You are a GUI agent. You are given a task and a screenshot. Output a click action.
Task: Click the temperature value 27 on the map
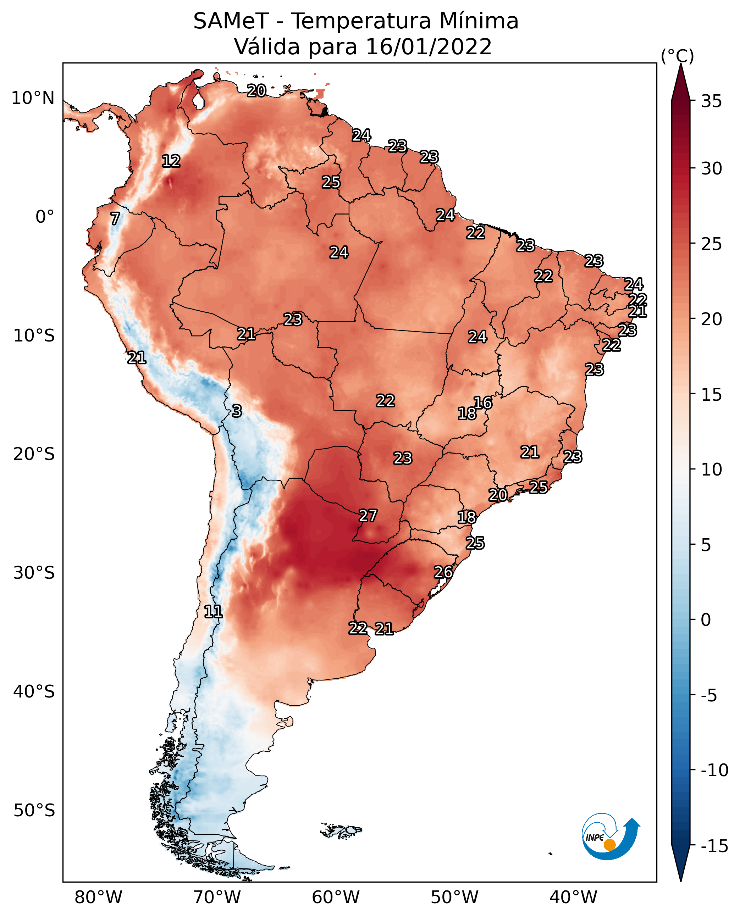coord(368,516)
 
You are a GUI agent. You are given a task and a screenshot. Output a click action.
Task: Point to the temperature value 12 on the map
coord(171,161)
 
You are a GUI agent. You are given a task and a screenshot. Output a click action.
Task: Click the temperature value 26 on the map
coord(443,572)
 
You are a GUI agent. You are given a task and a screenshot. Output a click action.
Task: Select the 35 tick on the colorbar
coord(711,101)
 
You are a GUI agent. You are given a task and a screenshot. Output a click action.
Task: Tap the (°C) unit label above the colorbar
coord(677,56)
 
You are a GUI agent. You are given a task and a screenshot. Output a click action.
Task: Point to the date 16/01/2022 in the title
coord(429,46)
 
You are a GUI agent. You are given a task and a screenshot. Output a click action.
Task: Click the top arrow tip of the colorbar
coord(681,64)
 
